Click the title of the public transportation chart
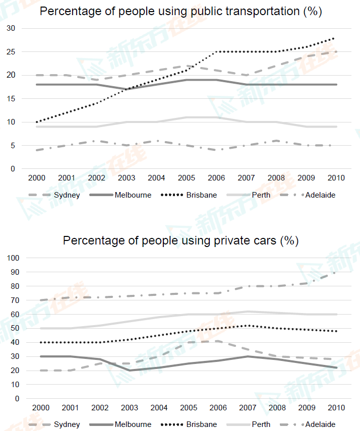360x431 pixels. (181, 11)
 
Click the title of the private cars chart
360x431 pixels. (181, 240)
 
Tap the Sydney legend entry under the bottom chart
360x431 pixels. (67, 424)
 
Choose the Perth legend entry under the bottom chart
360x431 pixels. (261, 424)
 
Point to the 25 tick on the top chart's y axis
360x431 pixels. (11, 52)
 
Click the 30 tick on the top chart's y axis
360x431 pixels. (11, 29)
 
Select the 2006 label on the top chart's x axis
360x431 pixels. (216, 177)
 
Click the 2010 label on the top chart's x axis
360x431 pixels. (336, 177)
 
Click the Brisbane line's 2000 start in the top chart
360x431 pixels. (37, 122)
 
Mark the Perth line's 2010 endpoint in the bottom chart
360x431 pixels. (336, 314)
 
